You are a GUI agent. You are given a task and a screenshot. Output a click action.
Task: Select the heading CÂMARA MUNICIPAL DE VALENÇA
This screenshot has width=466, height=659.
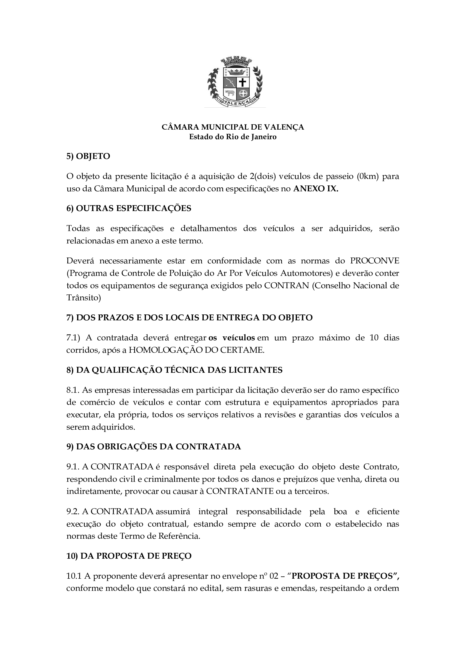(233, 127)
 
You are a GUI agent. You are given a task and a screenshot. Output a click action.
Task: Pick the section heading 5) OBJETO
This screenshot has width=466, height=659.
(88, 156)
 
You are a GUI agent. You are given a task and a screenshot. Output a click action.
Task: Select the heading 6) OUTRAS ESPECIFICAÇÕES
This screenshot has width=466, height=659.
(129, 208)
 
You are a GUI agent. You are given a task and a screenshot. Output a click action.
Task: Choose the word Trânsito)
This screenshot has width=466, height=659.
(83, 298)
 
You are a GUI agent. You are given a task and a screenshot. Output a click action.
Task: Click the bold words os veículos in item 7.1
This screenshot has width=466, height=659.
(232, 338)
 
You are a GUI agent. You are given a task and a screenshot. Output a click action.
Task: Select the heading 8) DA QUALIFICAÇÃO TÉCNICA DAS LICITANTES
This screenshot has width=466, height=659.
(174, 370)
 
